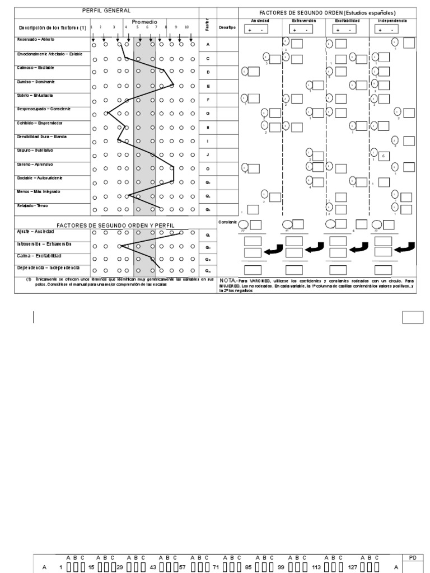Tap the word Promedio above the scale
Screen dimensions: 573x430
tap(144, 22)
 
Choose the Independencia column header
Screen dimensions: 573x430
tap(392, 20)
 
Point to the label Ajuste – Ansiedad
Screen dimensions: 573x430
tap(35, 231)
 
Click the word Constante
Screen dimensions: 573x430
tap(227, 222)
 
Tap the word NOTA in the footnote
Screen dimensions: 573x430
tap(228, 280)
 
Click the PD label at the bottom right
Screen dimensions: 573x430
tap(413, 557)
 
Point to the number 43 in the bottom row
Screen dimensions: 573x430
tap(152, 567)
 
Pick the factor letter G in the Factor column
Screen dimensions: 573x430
tap(208, 113)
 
